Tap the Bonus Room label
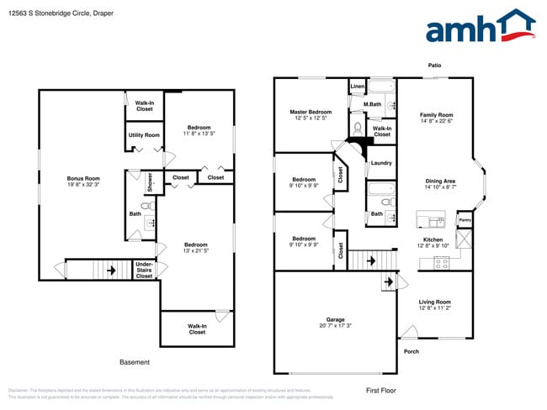(83, 178)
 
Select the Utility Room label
(144, 134)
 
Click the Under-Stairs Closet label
(145, 269)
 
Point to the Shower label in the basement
(150, 182)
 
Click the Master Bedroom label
(310, 112)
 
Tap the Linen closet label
(357, 87)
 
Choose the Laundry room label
(381, 163)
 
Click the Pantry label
(464, 220)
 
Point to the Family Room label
(436, 114)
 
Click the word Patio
(434, 65)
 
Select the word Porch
(412, 351)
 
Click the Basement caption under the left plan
(135, 362)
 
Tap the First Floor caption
(380, 390)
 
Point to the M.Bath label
(373, 104)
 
